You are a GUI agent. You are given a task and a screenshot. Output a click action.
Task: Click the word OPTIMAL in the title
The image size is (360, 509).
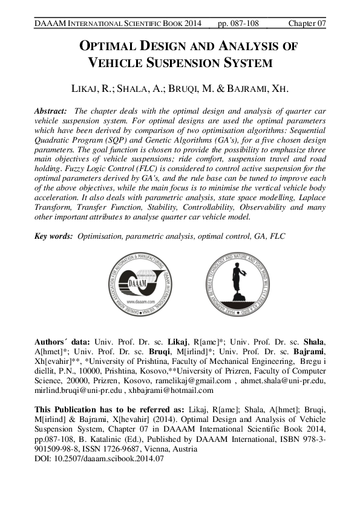108,46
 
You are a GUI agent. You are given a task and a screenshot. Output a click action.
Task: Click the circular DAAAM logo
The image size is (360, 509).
143,281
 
